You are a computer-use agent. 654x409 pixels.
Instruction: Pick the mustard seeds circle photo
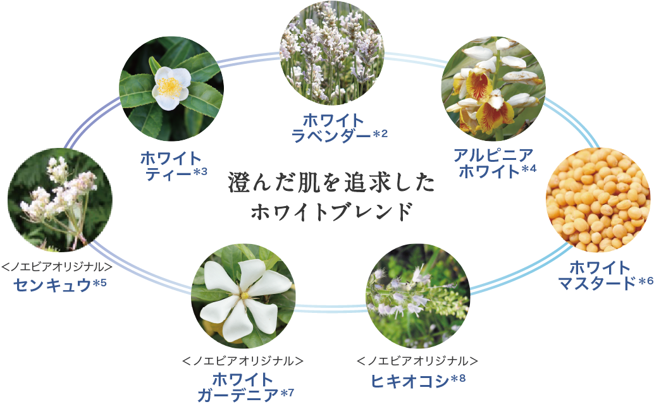pyautogui.click(x=598, y=201)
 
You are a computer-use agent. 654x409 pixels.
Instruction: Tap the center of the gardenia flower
pyautogui.click(x=244, y=295)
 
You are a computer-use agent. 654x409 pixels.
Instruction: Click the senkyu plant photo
pyautogui.click(x=60, y=199)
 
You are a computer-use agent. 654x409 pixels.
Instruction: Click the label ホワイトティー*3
pyautogui.click(x=173, y=166)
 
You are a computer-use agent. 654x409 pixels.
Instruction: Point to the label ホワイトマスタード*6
pyautogui.click(x=604, y=275)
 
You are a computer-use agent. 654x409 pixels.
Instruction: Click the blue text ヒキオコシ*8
pyautogui.click(x=417, y=381)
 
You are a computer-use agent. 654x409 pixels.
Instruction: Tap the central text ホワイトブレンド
pyautogui.click(x=331, y=212)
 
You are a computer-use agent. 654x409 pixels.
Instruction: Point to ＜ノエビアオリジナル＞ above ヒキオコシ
pyautogui.click(x=417, y=362)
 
